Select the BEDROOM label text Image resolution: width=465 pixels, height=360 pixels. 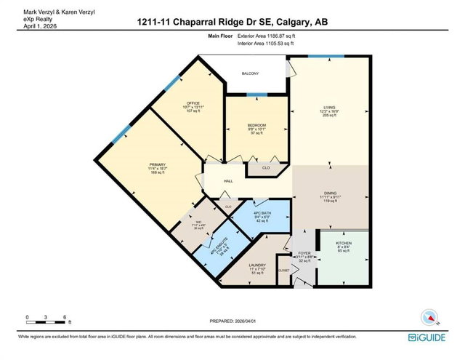(x=256, y=125)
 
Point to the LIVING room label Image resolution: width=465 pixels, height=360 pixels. (x=329, y=108)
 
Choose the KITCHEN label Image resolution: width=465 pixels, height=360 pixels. (x=344, y=245)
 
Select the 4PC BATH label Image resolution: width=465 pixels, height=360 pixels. (x=262, y=212)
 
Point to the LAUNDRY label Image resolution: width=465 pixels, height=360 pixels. (x=257, y=265)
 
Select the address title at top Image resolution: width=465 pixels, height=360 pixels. (x=232, y=23)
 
